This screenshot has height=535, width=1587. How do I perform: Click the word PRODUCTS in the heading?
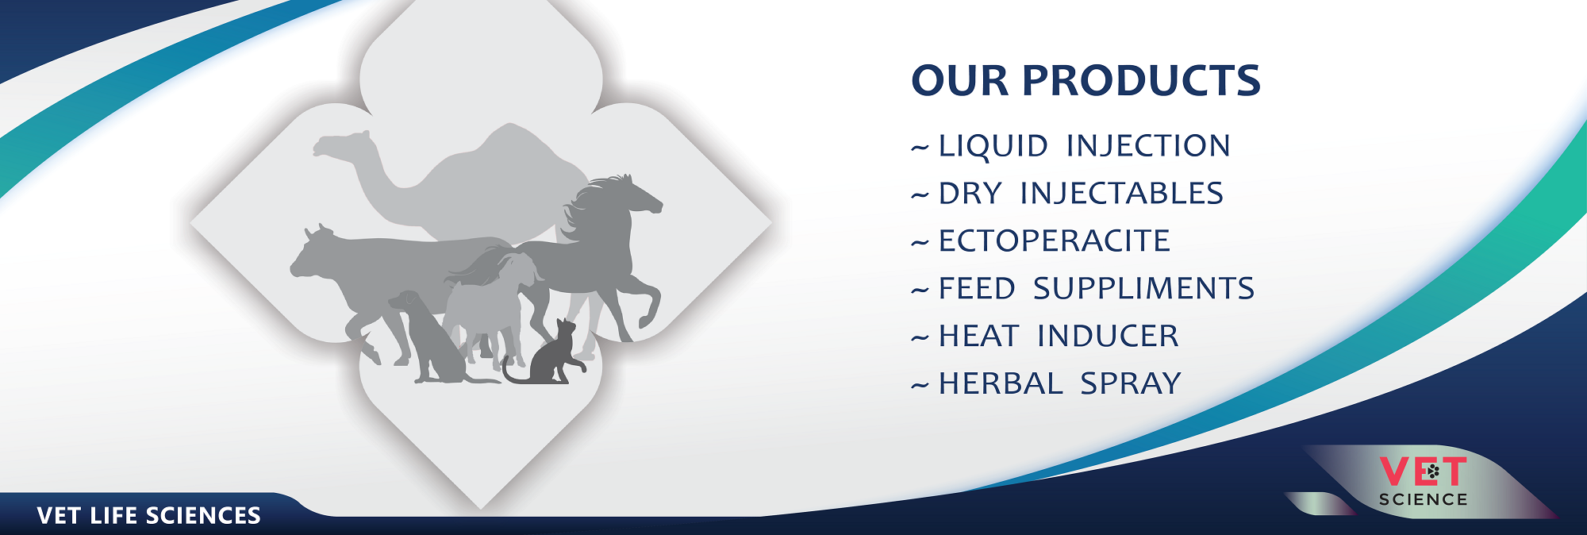(x=1141, y=80)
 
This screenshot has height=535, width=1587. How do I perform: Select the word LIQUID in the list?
(x=993, y=146)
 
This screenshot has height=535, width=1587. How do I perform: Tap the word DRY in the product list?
(x=970, y=193)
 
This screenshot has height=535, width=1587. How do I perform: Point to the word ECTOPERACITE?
(x=1055, y=241)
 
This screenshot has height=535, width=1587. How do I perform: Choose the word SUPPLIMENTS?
(x=1143, y=288)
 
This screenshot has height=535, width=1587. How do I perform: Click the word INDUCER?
(x=1108, y=336)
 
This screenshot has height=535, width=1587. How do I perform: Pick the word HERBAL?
(x=1001, y=383)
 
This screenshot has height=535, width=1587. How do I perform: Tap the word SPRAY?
(x=1131, y=383)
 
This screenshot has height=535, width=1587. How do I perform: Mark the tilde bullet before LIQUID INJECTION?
(x=920, y=148)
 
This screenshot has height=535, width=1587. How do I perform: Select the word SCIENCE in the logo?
(x=1423, y=499)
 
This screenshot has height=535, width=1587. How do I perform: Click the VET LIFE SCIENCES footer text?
(x=149, y=516)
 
